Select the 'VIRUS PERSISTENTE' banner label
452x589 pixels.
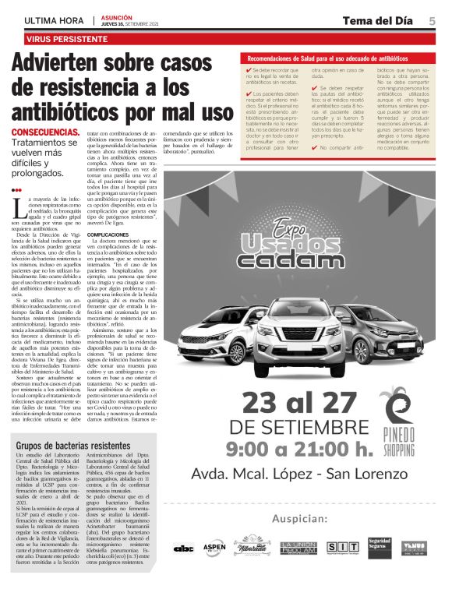point(66,37)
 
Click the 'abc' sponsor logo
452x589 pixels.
point(184,548)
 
